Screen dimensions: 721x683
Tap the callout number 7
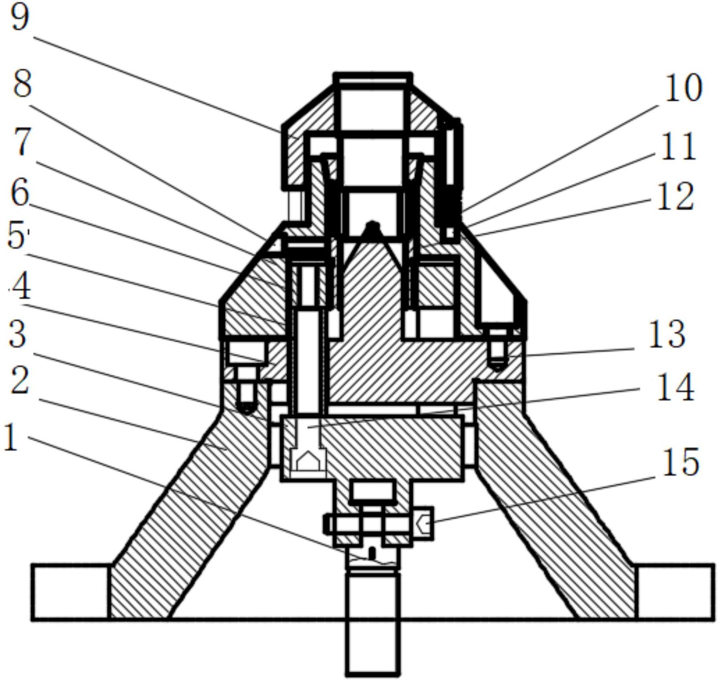22,142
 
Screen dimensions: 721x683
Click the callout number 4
21,286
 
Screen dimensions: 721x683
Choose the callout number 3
18,334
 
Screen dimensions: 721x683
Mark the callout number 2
20,381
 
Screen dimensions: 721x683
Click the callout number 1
11,438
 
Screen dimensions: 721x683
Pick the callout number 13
667,334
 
